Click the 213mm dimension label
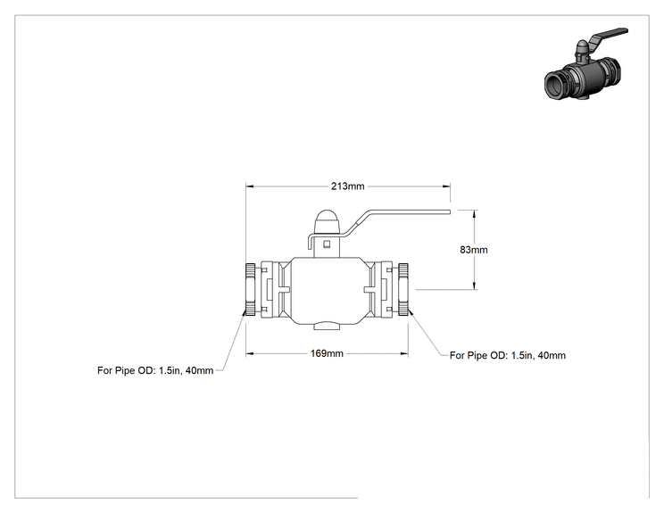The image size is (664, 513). pos(348,186)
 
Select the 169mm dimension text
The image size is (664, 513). pos(327,353)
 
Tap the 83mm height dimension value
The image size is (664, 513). pos(474,250)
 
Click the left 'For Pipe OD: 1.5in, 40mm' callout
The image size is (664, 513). pos(155,370)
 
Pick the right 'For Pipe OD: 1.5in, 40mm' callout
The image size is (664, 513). pos(508,355)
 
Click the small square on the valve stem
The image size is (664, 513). pos(327,244)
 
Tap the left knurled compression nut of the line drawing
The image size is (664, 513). pos(250,290)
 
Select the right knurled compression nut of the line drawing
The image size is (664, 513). pos(403,290)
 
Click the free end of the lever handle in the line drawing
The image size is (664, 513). pos(449,211)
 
